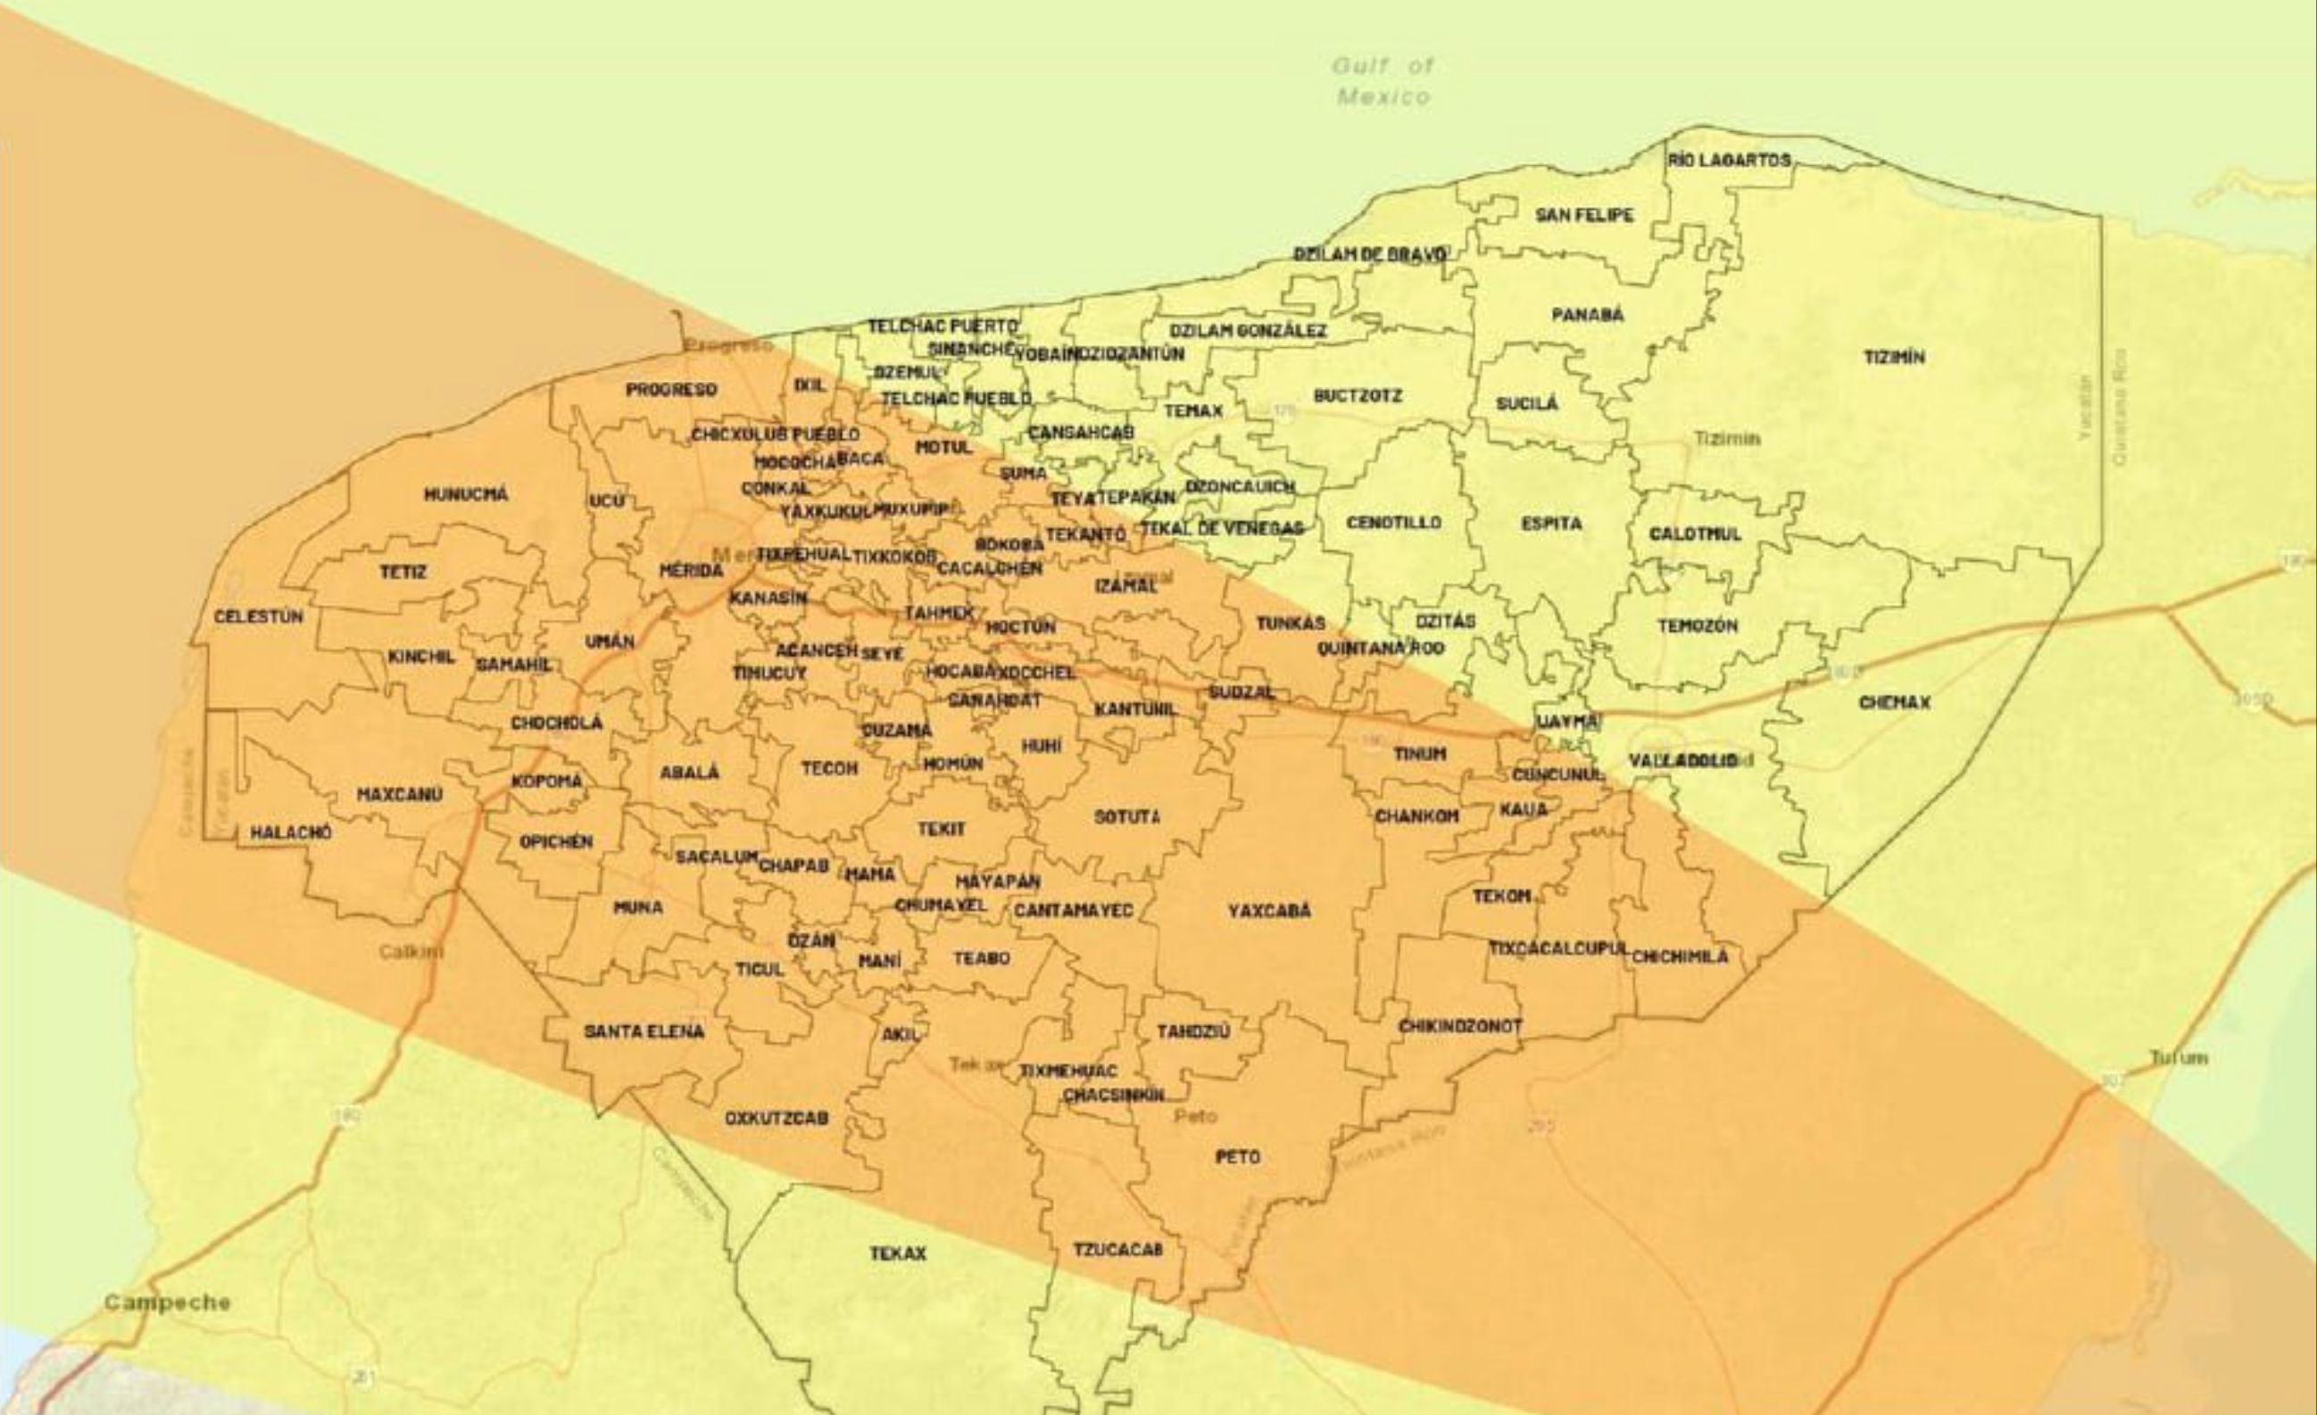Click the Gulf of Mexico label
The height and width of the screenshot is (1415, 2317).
click(1383, 81)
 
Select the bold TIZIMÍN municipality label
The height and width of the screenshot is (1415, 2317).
click(1894, 357)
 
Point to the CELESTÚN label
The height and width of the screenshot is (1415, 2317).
click(259, 616)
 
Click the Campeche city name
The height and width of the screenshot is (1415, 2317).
click(168, 1303)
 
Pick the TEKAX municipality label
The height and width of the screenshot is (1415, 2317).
click(898, 1254)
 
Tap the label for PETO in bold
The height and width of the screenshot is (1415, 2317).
click(1237, 1156)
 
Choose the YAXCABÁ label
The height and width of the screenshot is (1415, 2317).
click(1268, 910)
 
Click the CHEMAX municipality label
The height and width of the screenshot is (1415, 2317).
click(1894, 702)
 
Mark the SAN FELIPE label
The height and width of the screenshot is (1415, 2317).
click(1584, 215)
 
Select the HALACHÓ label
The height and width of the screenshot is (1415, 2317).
click(291, 832)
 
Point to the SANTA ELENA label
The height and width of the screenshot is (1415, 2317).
click(644, 1031)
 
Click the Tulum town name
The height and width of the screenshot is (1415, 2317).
click(2178, 1058)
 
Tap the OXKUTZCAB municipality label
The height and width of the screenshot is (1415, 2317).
click(776, 1119)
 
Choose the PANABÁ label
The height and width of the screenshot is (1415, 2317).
click(1587, 314)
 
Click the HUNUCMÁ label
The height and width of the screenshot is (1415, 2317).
click(466, 493)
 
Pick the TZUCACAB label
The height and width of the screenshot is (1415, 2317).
click(1118, 1248)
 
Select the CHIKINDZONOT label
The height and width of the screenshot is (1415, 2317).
click(1460, 1026)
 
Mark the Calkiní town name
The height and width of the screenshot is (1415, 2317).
click(411, 951)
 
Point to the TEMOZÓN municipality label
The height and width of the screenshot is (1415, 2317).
click(1698, 625)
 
